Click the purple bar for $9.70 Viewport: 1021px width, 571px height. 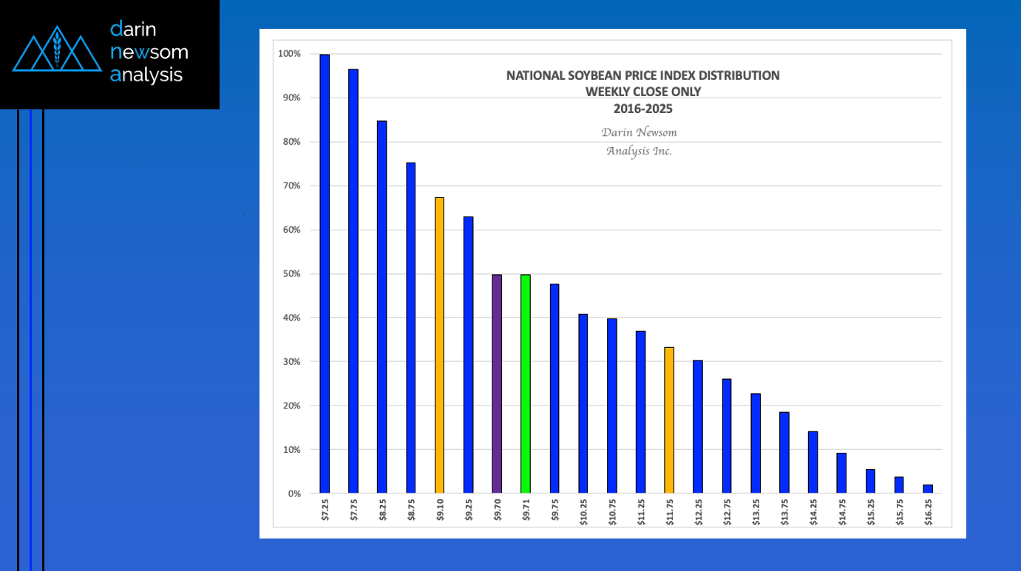pos(497,383)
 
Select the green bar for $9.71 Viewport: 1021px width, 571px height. pos(526,383)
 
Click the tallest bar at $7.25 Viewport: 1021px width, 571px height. pos(325,273)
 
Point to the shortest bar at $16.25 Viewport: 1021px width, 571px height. pos(928,489)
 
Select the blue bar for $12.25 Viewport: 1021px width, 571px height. pos(698,426)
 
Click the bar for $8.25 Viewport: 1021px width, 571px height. pos(381,307)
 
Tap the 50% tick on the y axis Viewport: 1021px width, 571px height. pos(289,274)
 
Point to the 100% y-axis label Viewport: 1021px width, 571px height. pos(288,54)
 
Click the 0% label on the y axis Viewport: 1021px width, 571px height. pos(294,493)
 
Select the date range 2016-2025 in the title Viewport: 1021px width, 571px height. pos(643,108)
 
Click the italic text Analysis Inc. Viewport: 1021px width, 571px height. pos(640,151)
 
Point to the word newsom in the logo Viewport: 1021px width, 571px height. pos(149,52)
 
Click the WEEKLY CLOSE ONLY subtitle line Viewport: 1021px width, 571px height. pos(643,92)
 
